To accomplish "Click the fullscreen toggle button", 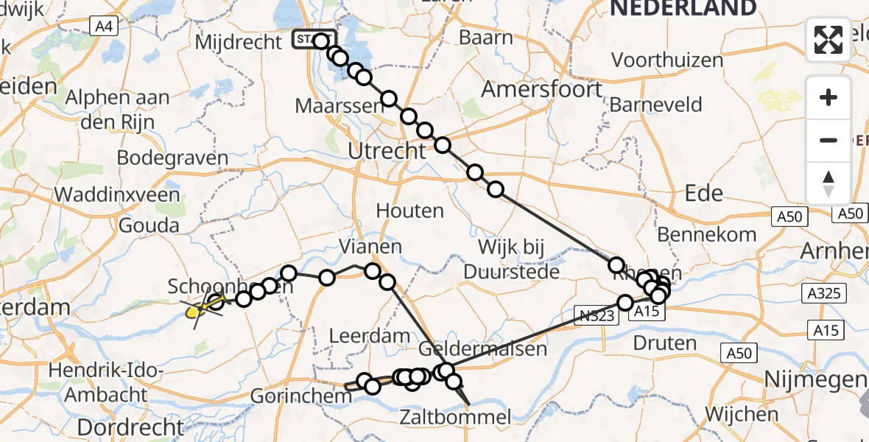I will tap(828, 40).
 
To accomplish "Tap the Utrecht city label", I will tap(387, 151).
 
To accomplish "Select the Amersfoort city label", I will tap(542, 89).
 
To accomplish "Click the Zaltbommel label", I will tap(454, 418).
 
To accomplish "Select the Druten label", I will tap(664, 343).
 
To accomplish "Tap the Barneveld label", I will tap(655, 105).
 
